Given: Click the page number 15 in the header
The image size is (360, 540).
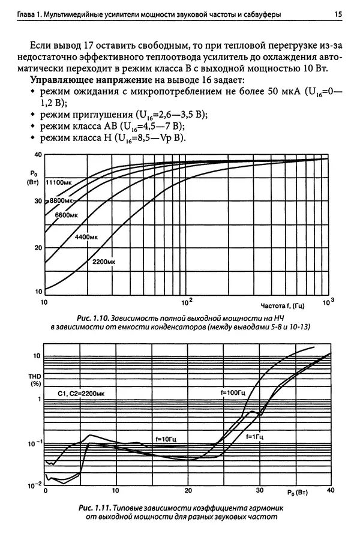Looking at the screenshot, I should tap(338, 13).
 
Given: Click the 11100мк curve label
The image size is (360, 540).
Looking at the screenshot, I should tap(60, 182).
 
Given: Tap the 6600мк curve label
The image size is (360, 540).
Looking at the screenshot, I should tap(67, 214).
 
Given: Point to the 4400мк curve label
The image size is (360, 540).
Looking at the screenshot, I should tap(86, 237).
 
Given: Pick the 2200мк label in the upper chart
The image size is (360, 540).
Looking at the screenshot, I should tap(104, 262).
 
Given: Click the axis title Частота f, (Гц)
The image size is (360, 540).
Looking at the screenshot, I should tap(283, 304).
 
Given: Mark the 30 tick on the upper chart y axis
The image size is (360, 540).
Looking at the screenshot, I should tap(38, 202).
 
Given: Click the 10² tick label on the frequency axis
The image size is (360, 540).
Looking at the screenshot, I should tap(187, 299).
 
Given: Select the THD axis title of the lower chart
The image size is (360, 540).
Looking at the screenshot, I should tap(35, 379).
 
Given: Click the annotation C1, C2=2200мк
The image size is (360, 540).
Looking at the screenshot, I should tap(82, 393).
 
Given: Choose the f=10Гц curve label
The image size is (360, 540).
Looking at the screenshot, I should tap(169, 439).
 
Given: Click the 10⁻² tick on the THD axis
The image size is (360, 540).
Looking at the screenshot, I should tap(35, 484).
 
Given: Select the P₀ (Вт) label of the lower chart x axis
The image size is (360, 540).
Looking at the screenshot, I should tap(297, 493).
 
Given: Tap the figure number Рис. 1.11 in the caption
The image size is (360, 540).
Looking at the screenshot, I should tap(94, 508).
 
